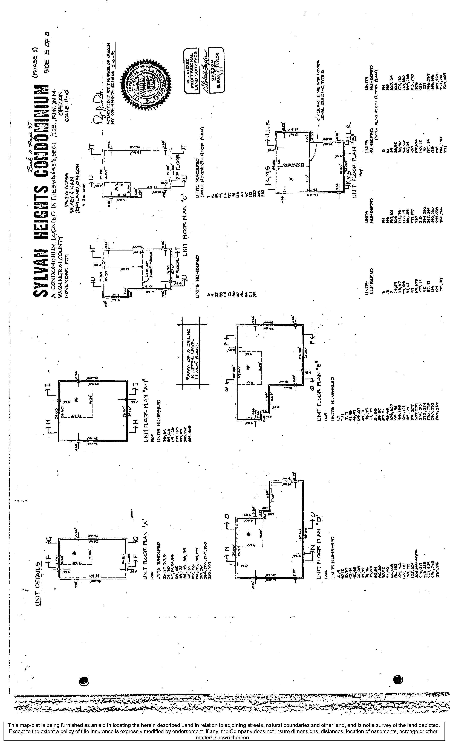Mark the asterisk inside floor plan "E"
(x=248, y=368)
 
